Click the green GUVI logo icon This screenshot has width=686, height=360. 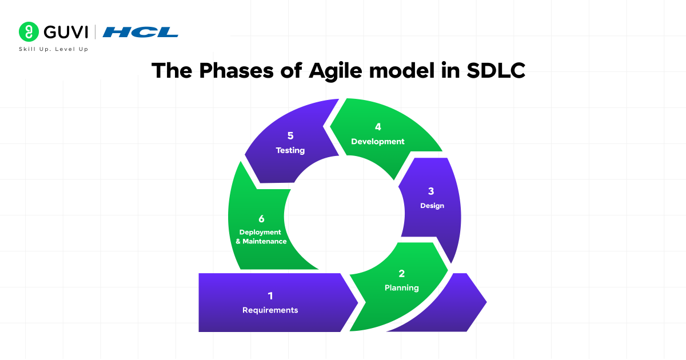click(29, 31)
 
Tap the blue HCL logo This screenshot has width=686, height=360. click(141, 32)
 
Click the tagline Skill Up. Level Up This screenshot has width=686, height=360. click(54, 50)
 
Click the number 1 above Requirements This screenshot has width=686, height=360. click(270, 295)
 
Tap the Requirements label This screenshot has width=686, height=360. click(270, 310)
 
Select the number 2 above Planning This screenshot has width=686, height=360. click(402, 274)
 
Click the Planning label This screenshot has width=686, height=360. click(402, 288)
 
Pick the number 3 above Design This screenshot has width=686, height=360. click(432, 191)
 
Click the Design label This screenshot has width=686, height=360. click(432, 206)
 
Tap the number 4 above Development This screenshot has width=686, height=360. click(378, 127)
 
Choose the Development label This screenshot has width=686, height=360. click(378, 142)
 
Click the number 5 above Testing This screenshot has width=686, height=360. click(290, 136)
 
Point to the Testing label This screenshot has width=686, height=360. click(290, 151)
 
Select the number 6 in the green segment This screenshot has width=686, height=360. click(261, 218)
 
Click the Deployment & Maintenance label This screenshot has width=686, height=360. click(261, 237)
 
